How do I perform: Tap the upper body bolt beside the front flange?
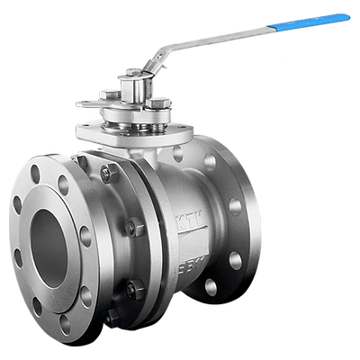point(107,174)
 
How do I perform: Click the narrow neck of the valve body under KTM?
point(180,243)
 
